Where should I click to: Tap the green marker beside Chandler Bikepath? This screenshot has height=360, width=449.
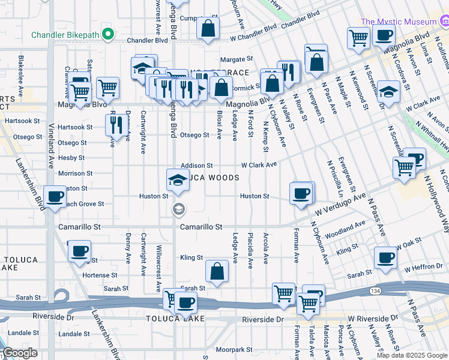pos(108,34)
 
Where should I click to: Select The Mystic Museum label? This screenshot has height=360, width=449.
pos(398,22)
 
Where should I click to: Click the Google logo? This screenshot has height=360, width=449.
pos(20,353)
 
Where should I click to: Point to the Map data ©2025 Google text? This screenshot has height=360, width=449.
pos(412,355)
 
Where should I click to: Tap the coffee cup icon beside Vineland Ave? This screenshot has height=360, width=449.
pos(55,196)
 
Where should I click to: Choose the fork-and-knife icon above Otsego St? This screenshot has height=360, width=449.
pos(114,124)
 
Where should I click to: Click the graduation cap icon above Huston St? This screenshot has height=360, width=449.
pos(178,180)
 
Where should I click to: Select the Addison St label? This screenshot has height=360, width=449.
pos(197,165)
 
